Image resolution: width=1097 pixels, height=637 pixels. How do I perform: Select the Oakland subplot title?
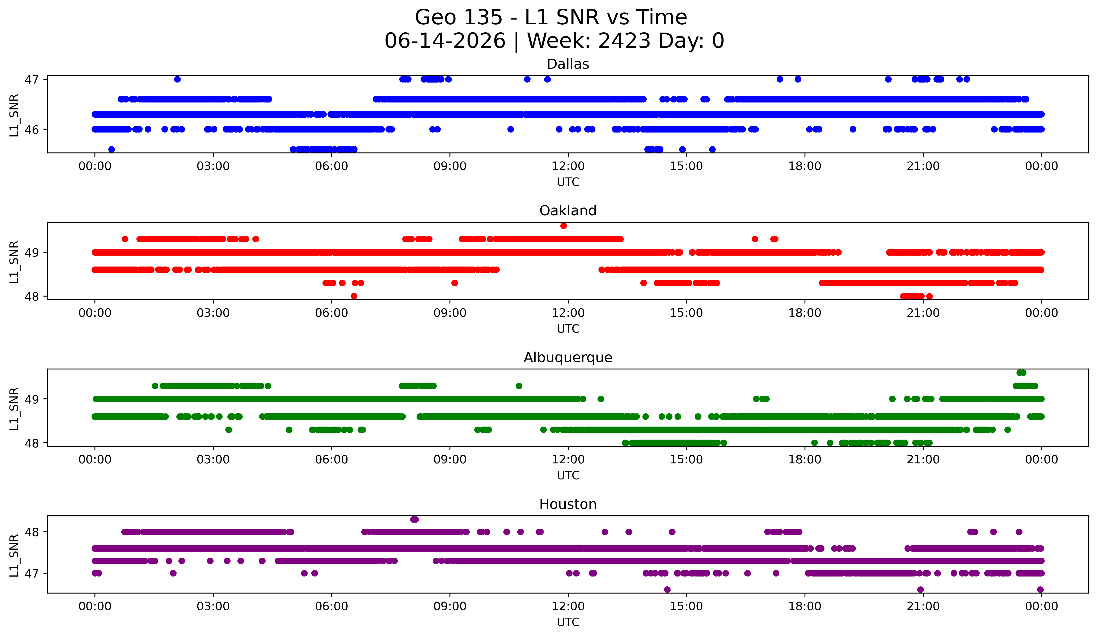point(568,211)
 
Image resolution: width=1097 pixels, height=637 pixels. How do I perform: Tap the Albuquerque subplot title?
point(568,357)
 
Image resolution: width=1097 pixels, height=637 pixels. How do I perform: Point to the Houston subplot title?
point(568,504)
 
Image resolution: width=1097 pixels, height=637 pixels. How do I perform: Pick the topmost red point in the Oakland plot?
point(563,226)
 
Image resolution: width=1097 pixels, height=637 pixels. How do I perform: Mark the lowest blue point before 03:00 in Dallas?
point(111,149)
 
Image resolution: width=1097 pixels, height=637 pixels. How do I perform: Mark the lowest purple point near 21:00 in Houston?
point(920,590)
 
